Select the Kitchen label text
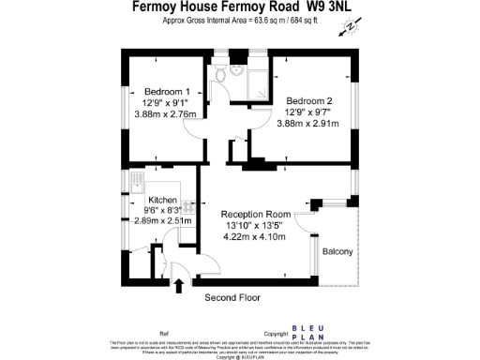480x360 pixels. click(163, 201)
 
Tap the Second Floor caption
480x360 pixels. click(232, 297)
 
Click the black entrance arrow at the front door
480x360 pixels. click(178, 284)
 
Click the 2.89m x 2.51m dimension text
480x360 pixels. click(163, 221)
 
